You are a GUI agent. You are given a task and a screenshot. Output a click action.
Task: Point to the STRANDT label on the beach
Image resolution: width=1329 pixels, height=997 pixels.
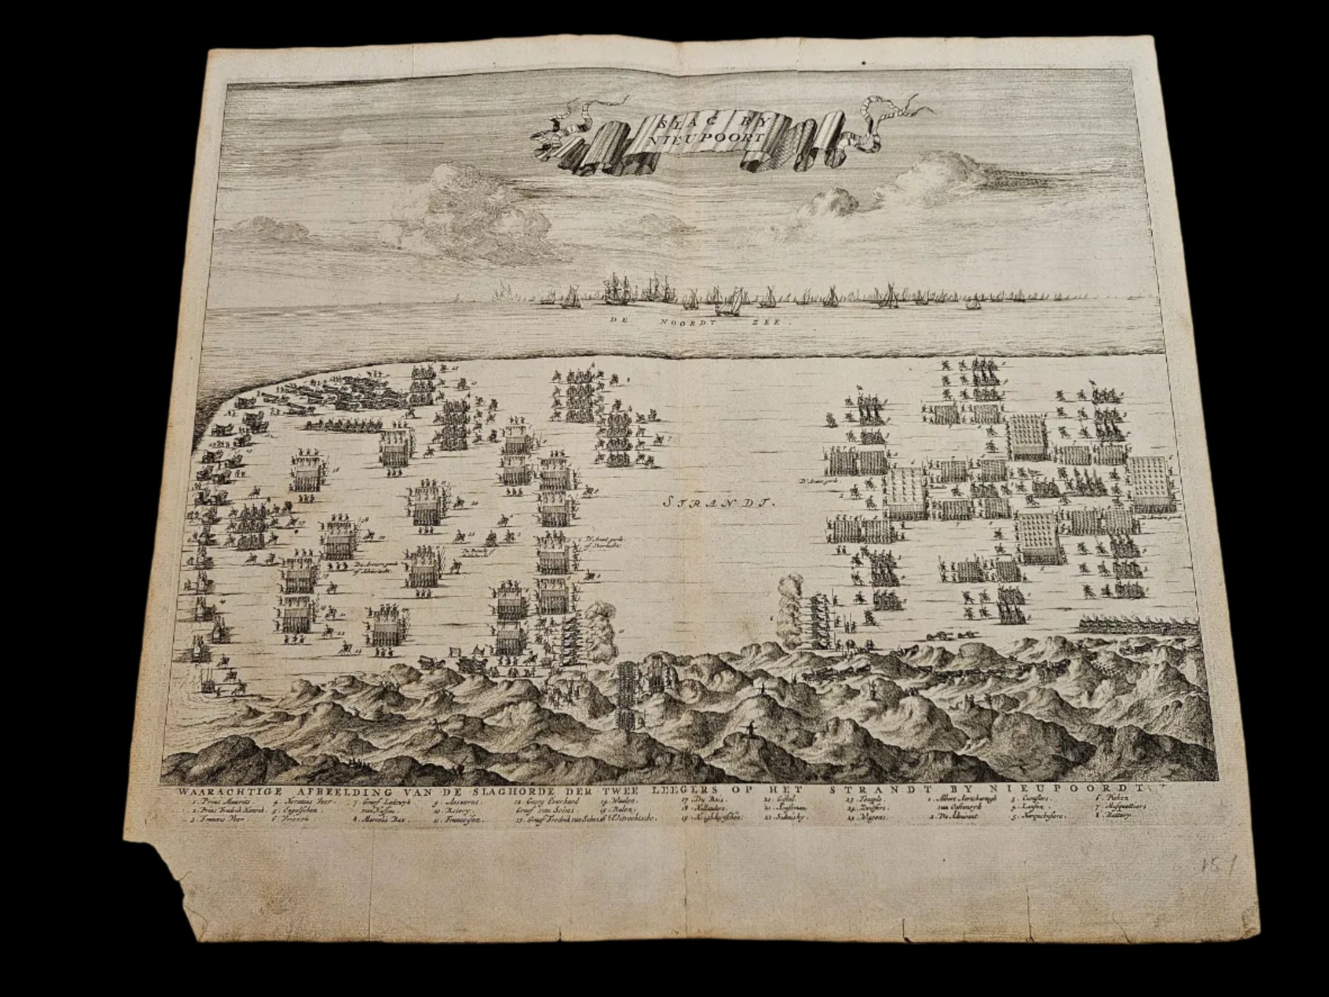(x=716, y=504)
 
